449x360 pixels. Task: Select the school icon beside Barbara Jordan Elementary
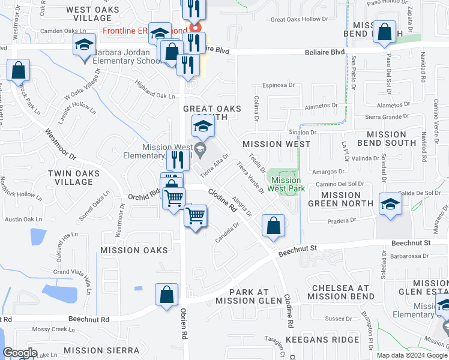pos(85,45)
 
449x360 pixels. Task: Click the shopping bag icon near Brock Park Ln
pos(19,71)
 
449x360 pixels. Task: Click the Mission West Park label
pos(286,184)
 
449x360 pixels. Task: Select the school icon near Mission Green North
pos(390,203)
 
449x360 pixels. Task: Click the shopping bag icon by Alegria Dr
pos(273,227)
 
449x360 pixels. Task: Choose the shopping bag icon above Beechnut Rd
pos(167,295)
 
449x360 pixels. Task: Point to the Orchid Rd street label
pos(143,194)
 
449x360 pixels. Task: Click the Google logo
pos(20,353)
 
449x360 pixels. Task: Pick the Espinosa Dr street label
pos(286,86)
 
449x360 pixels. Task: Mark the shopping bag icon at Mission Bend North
pos(384,31)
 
